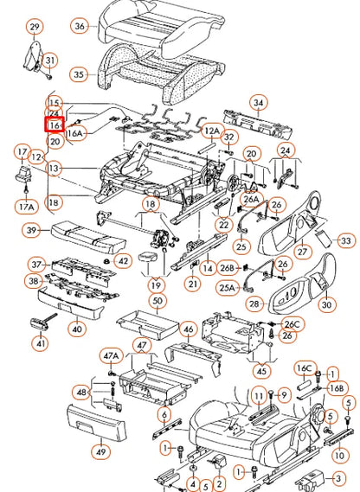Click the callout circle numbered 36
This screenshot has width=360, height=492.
point(80,26)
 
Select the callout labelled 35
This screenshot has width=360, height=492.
point(79,75)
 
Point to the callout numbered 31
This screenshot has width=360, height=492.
point(51,60)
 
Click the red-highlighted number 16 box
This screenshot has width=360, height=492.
point(55,125)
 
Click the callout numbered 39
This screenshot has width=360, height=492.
point(32,230)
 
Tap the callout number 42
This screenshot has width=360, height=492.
point(123,260)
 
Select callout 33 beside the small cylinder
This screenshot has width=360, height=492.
point(345,240)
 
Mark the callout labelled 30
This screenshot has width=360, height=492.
point(326,304)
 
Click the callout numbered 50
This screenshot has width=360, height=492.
point(157,300)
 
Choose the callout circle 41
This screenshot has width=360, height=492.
point(40,343)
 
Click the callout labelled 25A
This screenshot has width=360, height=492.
point(227,287)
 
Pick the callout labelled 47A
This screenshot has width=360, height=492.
point(111,355)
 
